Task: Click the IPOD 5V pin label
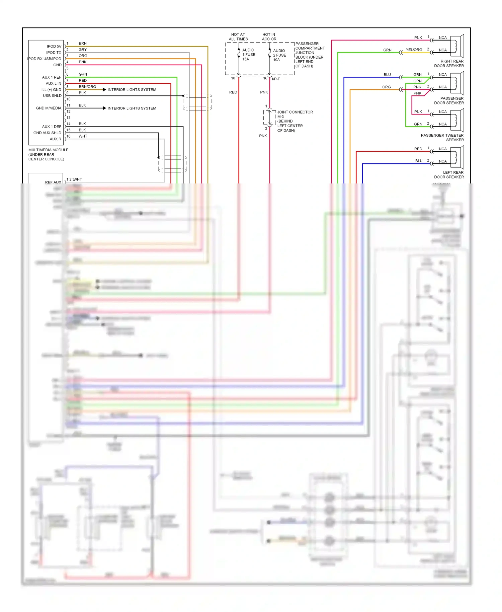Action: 54,47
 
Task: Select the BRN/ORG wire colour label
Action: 87,87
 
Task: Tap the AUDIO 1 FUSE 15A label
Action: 248,55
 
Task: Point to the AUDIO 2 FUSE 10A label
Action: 279,55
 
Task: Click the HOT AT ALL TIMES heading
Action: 238,37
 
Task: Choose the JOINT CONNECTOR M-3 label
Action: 295,114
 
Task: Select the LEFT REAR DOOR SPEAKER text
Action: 449,175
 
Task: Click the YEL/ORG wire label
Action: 414,50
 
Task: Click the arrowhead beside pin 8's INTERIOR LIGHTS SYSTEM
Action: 104,90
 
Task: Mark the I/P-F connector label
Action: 276,79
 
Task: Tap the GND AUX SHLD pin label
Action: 47,133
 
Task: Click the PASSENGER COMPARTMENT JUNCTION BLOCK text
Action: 310,55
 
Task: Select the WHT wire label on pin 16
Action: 83,136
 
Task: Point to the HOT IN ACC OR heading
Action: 269,37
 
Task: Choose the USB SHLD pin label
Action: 52,96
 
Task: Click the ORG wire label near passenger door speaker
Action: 386,87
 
